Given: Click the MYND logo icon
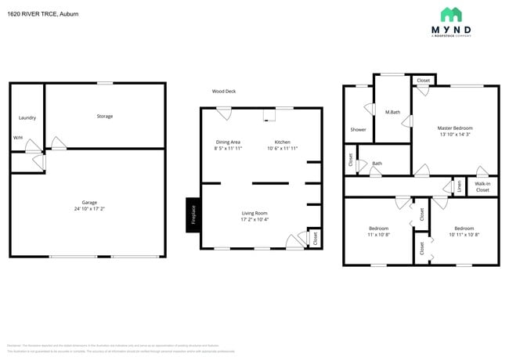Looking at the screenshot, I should coord(451,15).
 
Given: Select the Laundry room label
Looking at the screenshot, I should coord(27,118).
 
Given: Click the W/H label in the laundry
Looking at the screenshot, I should coord(18,138).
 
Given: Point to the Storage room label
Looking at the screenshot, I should coord(104,117).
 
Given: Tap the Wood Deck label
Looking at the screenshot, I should coord(224,92).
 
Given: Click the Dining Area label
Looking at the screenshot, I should coord(228,142).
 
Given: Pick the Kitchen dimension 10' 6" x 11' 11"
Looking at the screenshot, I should coord(283,149).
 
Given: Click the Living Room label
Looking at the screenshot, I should coord(254,213).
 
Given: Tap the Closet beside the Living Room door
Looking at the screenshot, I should coord(315,238).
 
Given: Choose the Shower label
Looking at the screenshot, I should coord(358,130).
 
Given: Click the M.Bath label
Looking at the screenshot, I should coord(393,113).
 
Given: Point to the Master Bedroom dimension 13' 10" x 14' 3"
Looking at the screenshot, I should coord(455,135).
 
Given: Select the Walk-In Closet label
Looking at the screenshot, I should coord(482,187).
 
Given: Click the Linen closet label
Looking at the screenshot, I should coord(458,186).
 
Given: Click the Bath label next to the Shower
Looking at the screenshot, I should coord(377,164).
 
